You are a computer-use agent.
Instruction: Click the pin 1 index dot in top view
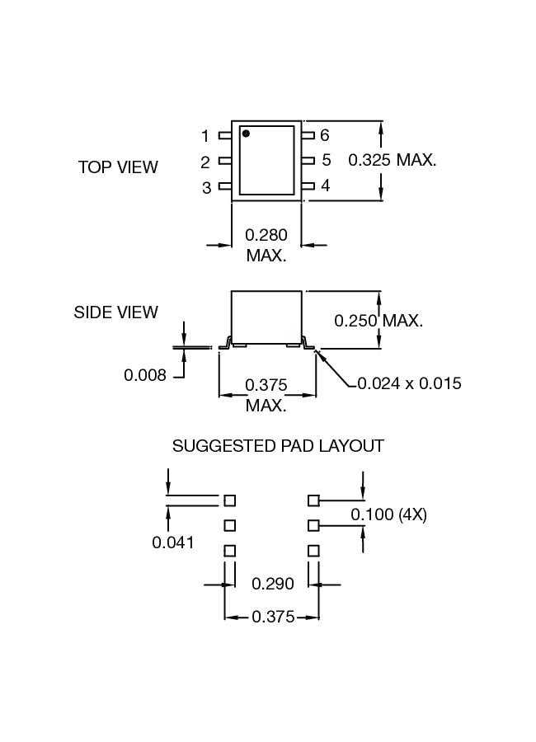pos(246,133)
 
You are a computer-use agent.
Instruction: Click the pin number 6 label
pos(325,135)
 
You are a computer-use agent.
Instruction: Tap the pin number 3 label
pos(207,188)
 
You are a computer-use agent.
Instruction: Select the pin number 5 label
pos(326,160)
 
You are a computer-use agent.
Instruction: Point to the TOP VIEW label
pos(118,167)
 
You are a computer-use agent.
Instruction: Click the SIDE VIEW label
pos(116,312)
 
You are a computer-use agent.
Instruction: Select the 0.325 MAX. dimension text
pos(393,160)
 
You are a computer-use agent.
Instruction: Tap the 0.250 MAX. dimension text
pos(378,320)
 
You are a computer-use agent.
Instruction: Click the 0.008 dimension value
pos(145,376)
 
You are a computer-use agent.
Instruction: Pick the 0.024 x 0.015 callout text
pos(409,383)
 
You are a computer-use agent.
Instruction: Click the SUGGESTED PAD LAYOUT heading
pos(278,446)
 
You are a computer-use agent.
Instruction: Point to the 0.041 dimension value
pos(173,542)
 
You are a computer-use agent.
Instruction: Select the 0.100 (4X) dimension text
pos(388,515)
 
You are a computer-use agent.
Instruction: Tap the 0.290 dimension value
pos(272,584)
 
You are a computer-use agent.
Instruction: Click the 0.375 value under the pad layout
pos(273,617)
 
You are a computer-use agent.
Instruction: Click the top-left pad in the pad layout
pos(230,500)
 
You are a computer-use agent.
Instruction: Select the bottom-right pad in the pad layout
pos(313,550)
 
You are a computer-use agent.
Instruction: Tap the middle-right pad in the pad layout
pos(313,525)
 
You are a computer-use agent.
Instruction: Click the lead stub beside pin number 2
pos(224,162)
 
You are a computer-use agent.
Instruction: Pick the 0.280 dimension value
pos(266,236)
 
